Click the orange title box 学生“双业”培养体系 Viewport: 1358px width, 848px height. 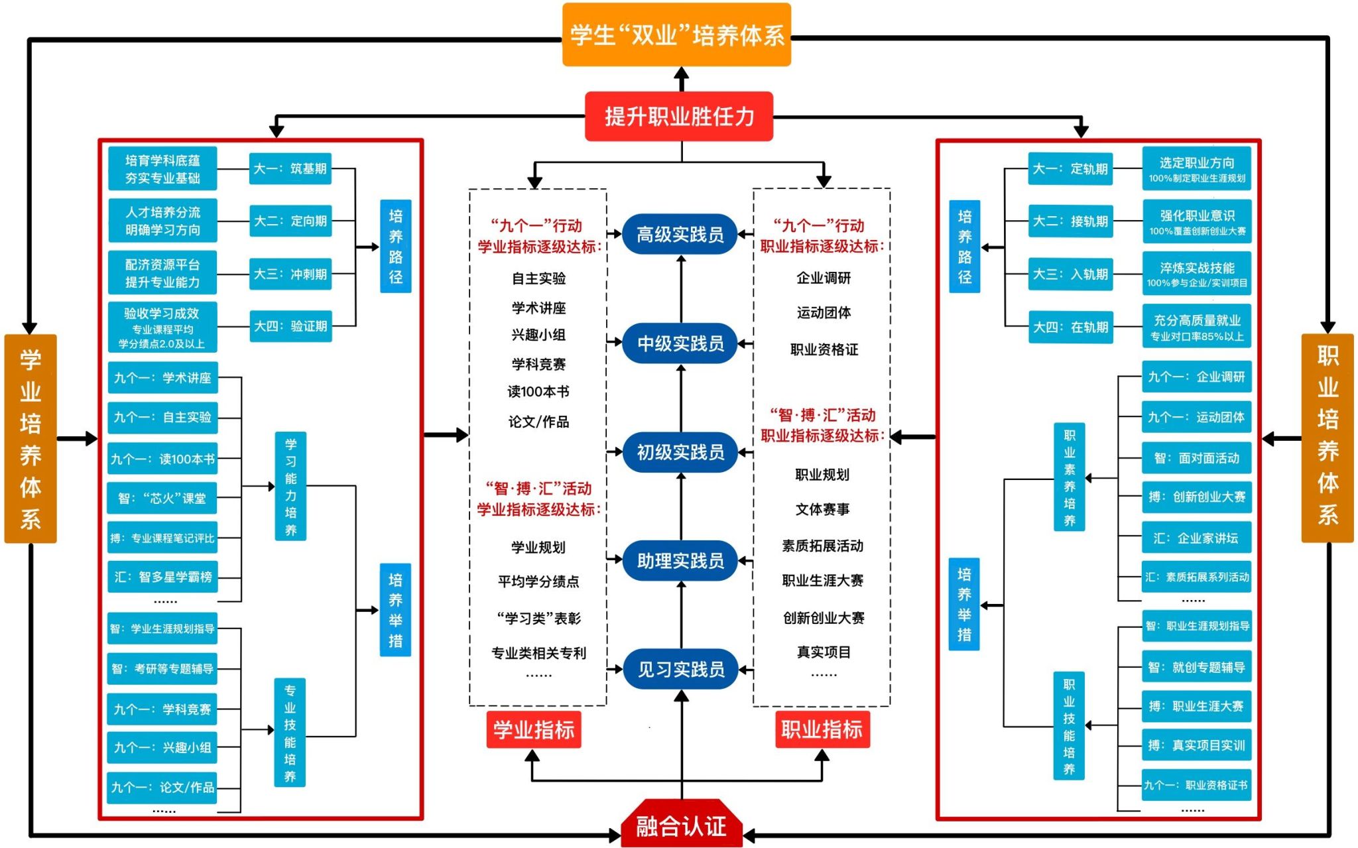point(676,34)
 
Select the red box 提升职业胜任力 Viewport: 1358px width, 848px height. point(679,117)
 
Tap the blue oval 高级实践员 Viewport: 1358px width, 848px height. point(680,234)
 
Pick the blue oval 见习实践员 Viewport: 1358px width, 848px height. point(680,669)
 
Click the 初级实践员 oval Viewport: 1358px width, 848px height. point(680,452)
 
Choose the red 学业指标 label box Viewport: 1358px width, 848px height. point(534,730)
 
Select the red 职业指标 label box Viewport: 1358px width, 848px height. point(822,729)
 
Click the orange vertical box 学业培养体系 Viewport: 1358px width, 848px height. point(31,438)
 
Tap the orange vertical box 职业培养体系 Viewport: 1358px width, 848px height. point(1327,438)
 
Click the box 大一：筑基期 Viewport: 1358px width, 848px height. point(290,168)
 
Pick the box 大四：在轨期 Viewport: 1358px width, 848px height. point(1070,327)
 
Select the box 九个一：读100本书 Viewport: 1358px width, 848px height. point(162,459)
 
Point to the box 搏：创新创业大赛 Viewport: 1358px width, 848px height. point(1196,497)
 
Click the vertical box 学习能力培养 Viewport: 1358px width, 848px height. point(290,487)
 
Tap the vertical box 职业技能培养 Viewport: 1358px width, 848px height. point(1069,726)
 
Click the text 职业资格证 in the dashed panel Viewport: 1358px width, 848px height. point(824,349)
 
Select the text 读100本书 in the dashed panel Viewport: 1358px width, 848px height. point(538,392)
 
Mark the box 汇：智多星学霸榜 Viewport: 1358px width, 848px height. point(162,577)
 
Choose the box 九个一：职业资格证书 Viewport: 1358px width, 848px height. point(1196,785)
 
